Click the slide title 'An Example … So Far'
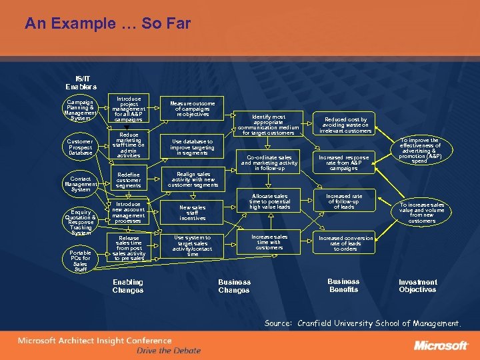click(x=107, y=25)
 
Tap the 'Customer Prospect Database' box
click(x=81, y=147)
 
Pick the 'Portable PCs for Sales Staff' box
click(x=81, y=260)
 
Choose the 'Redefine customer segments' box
click(x=128, y=179)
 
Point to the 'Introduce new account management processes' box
click(x=128, y=213)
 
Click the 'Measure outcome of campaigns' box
click(x=193, y=109)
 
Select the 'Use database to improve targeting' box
click(x=193, y=147)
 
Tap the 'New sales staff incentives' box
click(x=193, y=213)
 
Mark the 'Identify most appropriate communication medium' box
click(x=269, y=125)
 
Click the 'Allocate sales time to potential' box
click(x=269, y=202)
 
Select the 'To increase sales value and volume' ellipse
click(x=421, y=213)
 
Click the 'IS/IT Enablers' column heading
click(x=81, y=83)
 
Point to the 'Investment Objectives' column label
click(x=418, y=286)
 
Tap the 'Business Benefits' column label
click(x=343, y=285)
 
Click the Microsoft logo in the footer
click(x=441, y=345)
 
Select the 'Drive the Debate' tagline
click(x=168, y=351)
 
